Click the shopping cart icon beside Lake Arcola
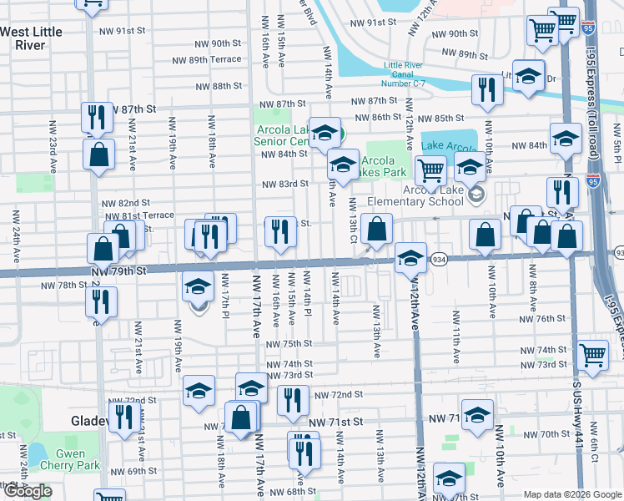(430, 170)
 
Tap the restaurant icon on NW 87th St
(97, 117)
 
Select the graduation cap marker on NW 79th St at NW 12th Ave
(410, 257)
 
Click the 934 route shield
(439, 261)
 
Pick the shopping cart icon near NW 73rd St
(592, 355)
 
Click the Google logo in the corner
(27, 492)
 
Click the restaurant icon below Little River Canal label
(486, 89)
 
